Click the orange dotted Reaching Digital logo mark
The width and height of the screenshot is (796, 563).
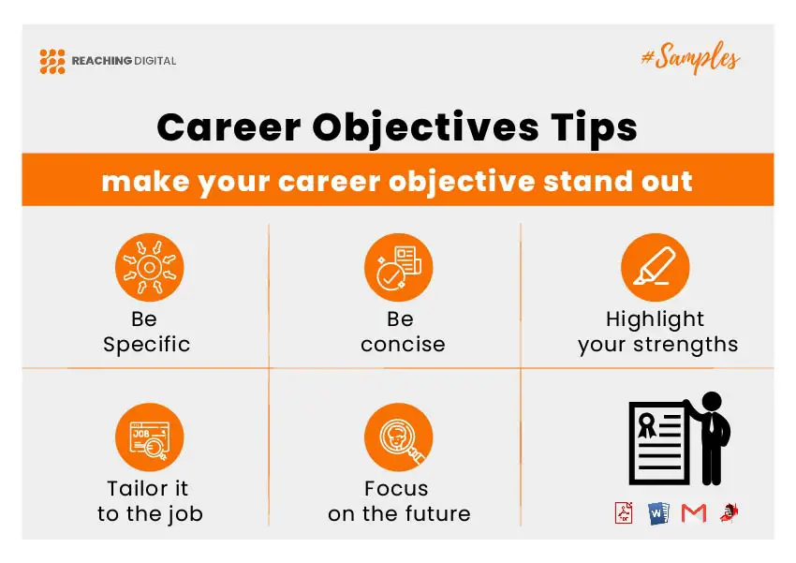[52, 62]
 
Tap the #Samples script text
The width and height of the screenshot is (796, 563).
[690, 58]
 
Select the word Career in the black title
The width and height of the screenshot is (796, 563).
[228, 126]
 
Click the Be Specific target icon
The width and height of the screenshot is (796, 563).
[149, 268]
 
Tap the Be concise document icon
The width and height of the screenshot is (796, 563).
[399, 268]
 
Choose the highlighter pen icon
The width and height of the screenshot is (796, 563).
[655, 268]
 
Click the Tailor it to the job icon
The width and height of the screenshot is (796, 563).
[149, 437]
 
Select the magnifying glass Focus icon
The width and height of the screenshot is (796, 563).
[399, 437]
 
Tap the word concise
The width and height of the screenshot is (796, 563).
[403, 345]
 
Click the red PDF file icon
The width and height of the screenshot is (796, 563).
[624, 512]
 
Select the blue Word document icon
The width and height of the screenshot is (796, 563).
[658, 513]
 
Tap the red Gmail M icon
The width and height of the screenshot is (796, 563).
[693, 513]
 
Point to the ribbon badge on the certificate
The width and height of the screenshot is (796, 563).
[647, 425]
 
